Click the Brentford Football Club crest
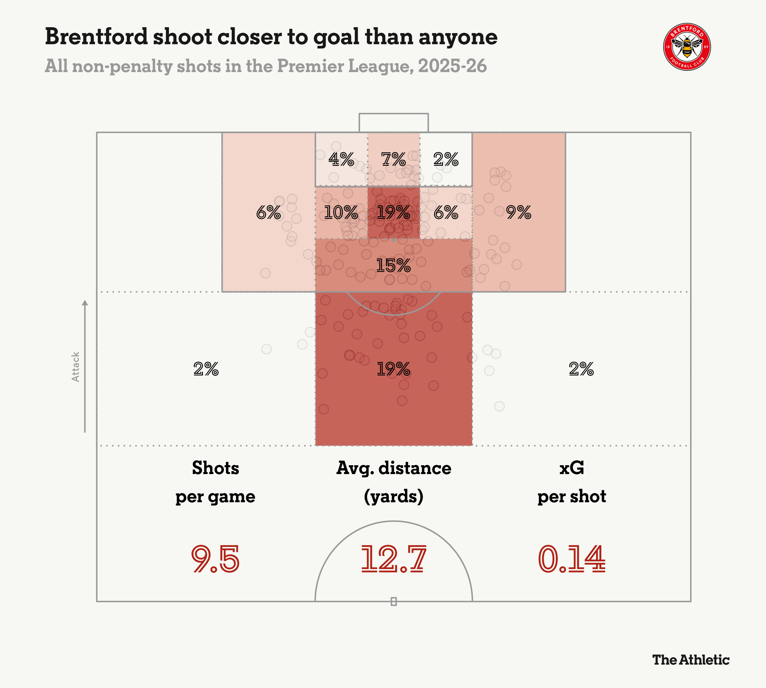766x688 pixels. coord(687,47)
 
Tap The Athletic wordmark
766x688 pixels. coord(690,659)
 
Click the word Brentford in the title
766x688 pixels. coord(96,37)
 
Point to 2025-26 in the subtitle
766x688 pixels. coord(452,66)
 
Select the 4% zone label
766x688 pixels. coord(341,159)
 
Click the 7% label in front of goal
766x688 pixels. coord(393,159)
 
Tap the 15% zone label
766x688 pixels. coord(393,265)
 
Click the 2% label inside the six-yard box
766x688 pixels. coord(446,159)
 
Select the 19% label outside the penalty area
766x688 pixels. coord(393,369)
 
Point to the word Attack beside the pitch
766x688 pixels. coord(76,367)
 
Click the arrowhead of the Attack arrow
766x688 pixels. coord(85,303)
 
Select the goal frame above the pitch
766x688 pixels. coord(393,122)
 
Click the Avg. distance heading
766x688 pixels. coord(393,468)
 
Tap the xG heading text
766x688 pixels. coord(572,468)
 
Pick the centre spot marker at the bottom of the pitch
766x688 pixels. coord(393,602)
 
